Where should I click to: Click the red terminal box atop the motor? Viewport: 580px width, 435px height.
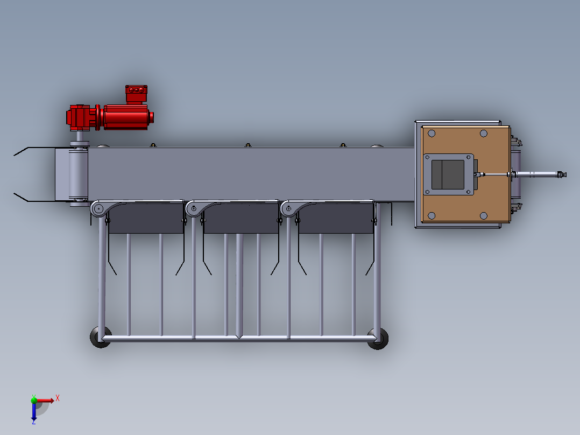pyautogui.click(x=136, y=94)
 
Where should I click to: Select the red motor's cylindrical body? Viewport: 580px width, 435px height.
pyautogui.click(x=126, y=117)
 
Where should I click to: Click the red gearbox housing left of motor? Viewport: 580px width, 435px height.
pyautogui.click(x=81, y=117)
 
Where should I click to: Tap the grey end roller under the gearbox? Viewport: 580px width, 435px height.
pyautogui.click(x=79, y=174)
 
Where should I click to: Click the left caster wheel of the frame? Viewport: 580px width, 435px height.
pyautogui.click(x=100, y=337)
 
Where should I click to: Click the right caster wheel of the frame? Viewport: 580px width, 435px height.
pyautogui.click(x=378, y=339)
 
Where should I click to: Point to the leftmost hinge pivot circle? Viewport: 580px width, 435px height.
pyautogui.click(x=99, y=209)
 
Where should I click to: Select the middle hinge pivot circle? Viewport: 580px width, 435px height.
pyautogui.click(x=194, y=209)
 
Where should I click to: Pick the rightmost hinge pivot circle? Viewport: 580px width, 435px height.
pyautogui.click(x=288, y=209)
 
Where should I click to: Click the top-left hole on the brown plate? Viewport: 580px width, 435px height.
pyautogui.click(x=432, y=134)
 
